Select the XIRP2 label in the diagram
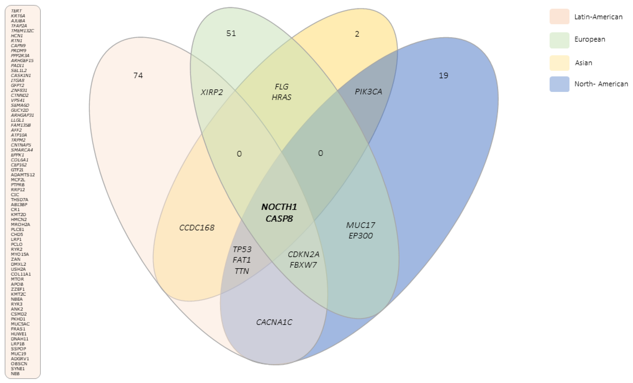[x=212, y=92]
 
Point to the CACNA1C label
[x=274, y=322]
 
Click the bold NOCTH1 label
[x=279, y=207]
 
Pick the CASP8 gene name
[x=279, y=219]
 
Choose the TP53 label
[x=242, y=249]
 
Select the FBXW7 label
[x=303, y=265]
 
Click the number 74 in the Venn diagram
[x=138, y=75]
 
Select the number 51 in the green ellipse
[x=231, y=33]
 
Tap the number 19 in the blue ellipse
[x=443, y=75]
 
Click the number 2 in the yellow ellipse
[x=357, y=34]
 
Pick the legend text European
[x=590, y=39]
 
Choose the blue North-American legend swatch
[x=559, y=84]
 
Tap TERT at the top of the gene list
[x=16, y=11]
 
